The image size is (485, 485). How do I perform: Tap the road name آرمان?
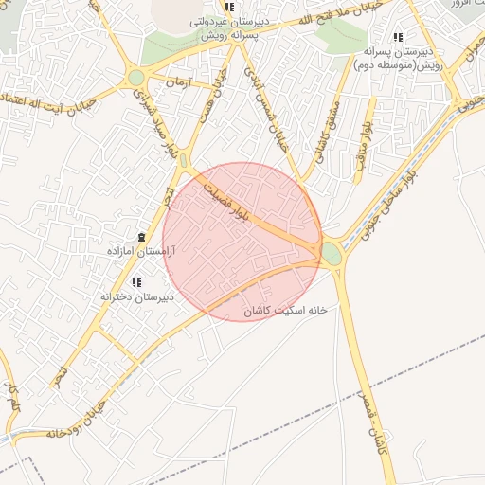tap(176, 85)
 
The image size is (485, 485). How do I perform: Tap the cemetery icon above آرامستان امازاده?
tap(141, 236)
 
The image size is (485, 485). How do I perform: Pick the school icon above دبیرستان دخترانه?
tap(136, 282)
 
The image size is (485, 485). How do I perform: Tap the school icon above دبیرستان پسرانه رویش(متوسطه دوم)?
tap(397, 37)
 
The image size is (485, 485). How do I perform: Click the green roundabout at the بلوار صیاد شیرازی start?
tap(136, 77)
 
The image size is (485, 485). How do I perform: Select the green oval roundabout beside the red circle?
tap(332, 253)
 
